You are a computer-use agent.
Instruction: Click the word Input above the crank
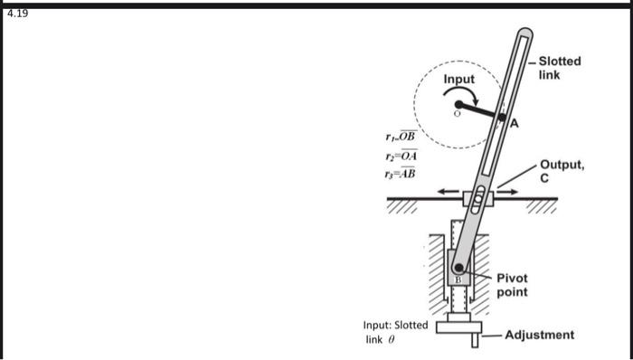coord(458,80)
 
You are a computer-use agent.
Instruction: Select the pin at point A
coord(502,117)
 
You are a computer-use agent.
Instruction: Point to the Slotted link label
coord(560,68)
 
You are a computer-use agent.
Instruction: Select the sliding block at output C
coord(477,198)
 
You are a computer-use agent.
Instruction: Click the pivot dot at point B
coord(459,267)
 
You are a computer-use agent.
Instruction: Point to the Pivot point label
coord(511,285)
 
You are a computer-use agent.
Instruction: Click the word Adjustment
coord(539,335)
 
